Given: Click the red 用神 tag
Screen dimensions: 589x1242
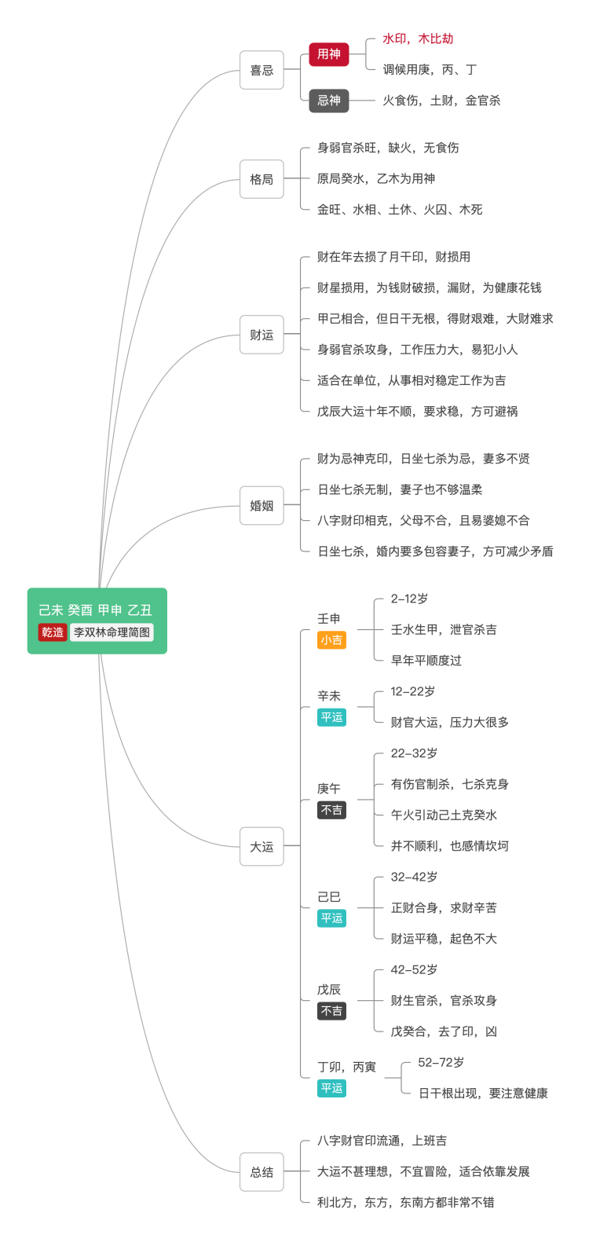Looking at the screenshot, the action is pos(328,54).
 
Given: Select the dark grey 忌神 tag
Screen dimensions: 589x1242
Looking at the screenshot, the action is pos(328,101).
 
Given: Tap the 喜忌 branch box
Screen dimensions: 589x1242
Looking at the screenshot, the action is pos(262,70).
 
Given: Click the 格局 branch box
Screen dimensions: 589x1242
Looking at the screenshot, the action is pos(262,179).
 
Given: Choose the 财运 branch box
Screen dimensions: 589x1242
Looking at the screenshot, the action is pos(262,335).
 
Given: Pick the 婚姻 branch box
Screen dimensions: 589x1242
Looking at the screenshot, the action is pos(262,505).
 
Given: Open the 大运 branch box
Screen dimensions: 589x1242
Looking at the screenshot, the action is pos(262,846).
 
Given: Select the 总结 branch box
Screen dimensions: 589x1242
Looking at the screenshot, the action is pos(262,1171).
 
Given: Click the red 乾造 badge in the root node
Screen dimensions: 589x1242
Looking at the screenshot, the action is pos(53,632).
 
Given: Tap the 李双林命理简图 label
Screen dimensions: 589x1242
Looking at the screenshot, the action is pos(112,632).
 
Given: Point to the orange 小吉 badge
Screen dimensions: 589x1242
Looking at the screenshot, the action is pos(331,639).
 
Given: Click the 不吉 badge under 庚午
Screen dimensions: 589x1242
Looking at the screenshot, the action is pos(331,810).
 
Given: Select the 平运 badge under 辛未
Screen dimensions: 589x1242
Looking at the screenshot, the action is pos(331,717).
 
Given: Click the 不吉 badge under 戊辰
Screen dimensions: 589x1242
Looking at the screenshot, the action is pos(331,1011).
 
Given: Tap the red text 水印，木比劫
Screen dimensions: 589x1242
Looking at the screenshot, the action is pos(418,38).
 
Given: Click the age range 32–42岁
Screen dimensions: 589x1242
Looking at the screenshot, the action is pos(414,877).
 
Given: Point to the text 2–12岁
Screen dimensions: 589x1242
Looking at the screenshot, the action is pos(409,599).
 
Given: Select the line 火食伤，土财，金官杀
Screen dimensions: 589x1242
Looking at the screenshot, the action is pos(441,101).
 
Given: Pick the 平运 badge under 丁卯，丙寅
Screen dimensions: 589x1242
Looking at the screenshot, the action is pos(331,1088).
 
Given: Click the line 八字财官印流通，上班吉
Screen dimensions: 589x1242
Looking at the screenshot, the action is pos(382,1141).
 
